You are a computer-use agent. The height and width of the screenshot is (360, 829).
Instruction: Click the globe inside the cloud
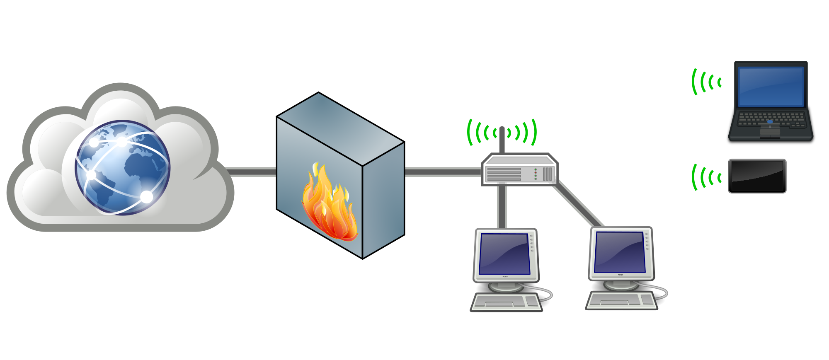point(123,168)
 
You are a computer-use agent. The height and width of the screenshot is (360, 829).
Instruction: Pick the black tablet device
point(757,176)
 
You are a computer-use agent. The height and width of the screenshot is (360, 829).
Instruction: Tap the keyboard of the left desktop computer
point(506,302)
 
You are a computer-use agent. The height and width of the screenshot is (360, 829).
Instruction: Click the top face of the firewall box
point(340,128)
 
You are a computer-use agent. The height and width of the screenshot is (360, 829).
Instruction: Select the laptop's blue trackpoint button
point(770,122)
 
